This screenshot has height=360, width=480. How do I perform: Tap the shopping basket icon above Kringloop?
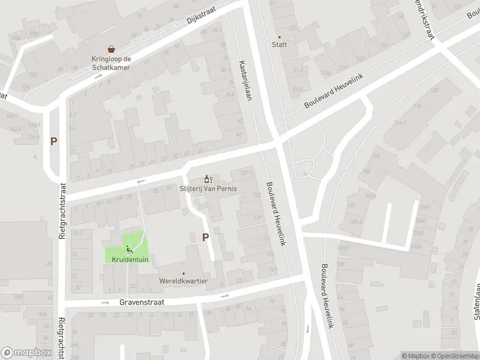[111, 49]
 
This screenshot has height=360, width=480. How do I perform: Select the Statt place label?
[279, 44]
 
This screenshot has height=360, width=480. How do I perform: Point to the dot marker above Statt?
[279, 36]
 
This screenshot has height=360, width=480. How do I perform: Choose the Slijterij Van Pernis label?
[209, 188]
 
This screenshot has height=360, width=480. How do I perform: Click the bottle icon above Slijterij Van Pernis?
[208, 178]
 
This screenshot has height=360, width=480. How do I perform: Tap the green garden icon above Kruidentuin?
[129, 249]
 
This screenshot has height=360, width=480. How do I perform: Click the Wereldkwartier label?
[184, 281]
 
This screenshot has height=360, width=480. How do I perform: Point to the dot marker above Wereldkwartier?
[184, 273]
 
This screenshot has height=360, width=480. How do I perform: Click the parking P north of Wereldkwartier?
[205, 237]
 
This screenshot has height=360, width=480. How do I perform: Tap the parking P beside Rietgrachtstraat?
[54, 142]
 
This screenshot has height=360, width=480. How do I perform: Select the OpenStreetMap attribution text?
[454, 356]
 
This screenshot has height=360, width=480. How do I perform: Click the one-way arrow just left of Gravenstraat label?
[106, 303]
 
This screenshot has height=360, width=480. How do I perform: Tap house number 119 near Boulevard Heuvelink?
[259, 217]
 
